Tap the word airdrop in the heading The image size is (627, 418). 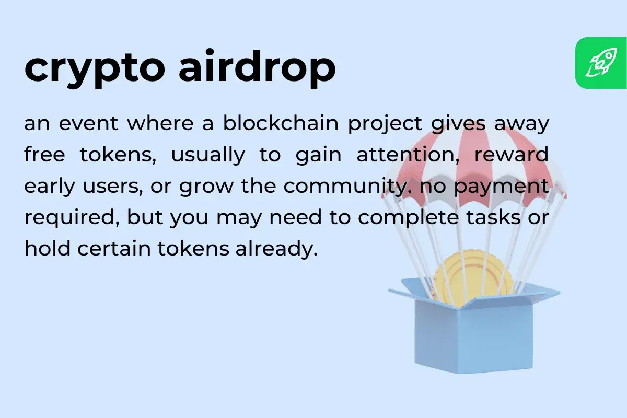pyautogui.click(x=257, y=68)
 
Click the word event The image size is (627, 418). pyautogui.click(x=89, y=124)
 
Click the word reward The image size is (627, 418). pyautogui.click(x=513, y=156)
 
